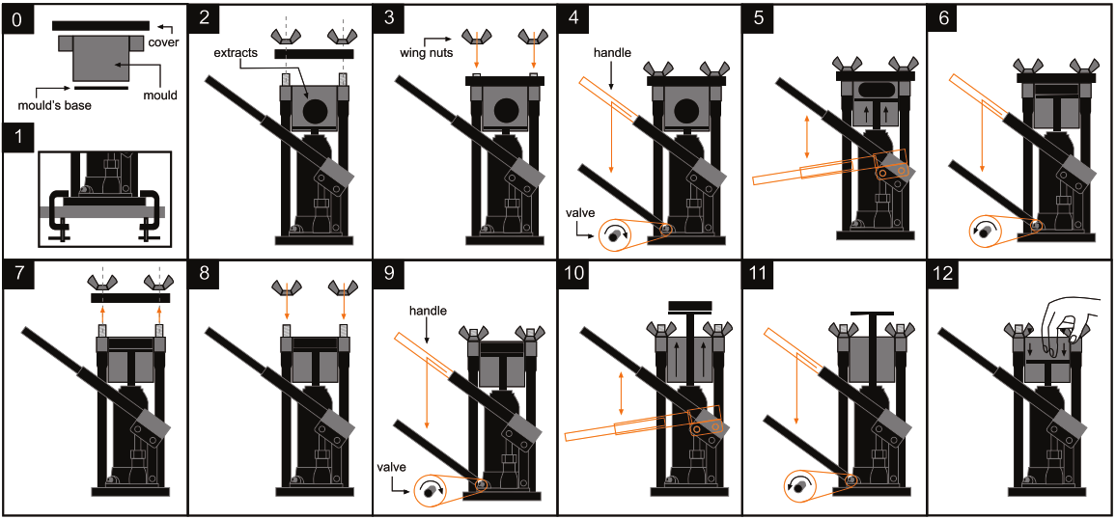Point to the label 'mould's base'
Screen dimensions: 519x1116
tap(54, 104)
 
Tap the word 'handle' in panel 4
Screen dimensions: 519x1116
tap(612, 53)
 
